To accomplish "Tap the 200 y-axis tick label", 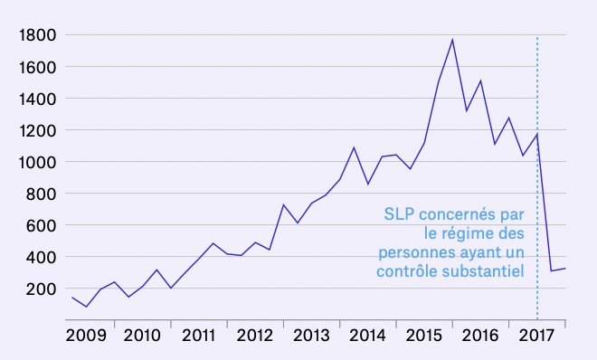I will pos(42,289).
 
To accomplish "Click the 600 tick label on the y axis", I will pos(42,225).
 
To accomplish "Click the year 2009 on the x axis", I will pos(86,336).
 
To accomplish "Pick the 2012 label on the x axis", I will pos(255,336).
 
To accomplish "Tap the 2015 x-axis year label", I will pos(424,336).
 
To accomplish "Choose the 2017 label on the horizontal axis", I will pos(537,336).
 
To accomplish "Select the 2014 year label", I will pos(368,336).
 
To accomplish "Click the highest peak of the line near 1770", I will pos(452,39).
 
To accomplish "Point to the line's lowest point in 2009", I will pos(87,307).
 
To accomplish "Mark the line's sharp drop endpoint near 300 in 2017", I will pos(551,270).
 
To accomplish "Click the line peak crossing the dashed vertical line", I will pos(537,134).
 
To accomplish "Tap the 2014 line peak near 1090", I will pos(354,147).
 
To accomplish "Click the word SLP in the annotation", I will pos(400,215).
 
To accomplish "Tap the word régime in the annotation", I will pos(448,233).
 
